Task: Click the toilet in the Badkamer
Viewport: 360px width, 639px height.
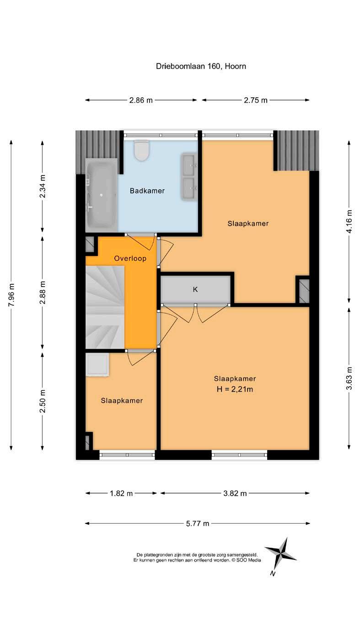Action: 141,149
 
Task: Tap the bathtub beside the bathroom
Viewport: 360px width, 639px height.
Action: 102,195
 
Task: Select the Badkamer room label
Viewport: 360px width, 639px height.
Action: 147,191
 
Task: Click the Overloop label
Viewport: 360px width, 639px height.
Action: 130,258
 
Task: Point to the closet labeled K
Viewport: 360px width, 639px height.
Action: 195,289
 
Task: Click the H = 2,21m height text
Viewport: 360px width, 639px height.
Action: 235,389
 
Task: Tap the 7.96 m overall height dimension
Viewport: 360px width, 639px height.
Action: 11,295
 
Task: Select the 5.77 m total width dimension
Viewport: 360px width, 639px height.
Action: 198,523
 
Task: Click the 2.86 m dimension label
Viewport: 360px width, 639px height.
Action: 141,100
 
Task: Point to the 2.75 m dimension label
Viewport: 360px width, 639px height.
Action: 256,100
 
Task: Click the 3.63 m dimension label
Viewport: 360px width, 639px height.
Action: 349,378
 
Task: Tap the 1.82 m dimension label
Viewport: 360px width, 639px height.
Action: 121,493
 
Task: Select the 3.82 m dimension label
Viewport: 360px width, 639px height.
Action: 235,493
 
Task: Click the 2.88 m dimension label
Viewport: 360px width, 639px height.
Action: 43,293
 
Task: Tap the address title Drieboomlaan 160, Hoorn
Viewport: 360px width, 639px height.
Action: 201,66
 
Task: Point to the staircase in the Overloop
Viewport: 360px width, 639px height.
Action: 105,307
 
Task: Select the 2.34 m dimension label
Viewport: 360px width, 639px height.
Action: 43,186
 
